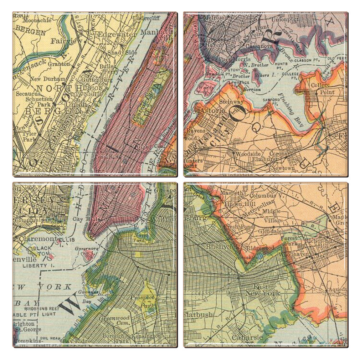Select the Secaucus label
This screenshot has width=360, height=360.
tap(25, 94)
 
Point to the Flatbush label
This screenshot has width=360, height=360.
tap(199, 315)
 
